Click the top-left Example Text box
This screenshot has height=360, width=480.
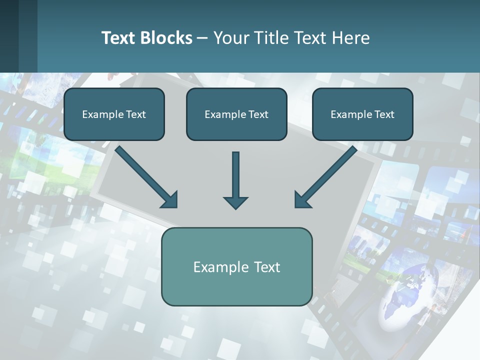114,114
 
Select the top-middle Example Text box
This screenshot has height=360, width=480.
236,114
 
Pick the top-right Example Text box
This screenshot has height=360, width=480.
362,114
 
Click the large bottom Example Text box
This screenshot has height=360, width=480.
236,266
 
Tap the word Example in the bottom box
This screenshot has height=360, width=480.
218,267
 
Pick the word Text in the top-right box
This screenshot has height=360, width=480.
384,114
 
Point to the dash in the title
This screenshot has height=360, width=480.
202,38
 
